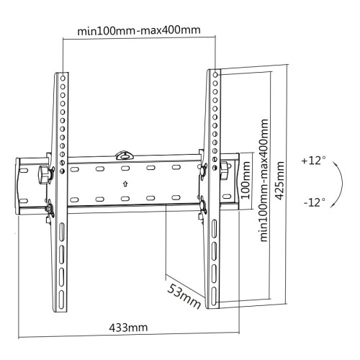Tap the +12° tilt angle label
pos(315,159)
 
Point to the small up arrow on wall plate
pos(125,183)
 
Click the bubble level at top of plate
pos(125,153)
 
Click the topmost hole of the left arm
pos(63,75)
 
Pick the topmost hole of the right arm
pos(215,74)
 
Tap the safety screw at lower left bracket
pos(50,210)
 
